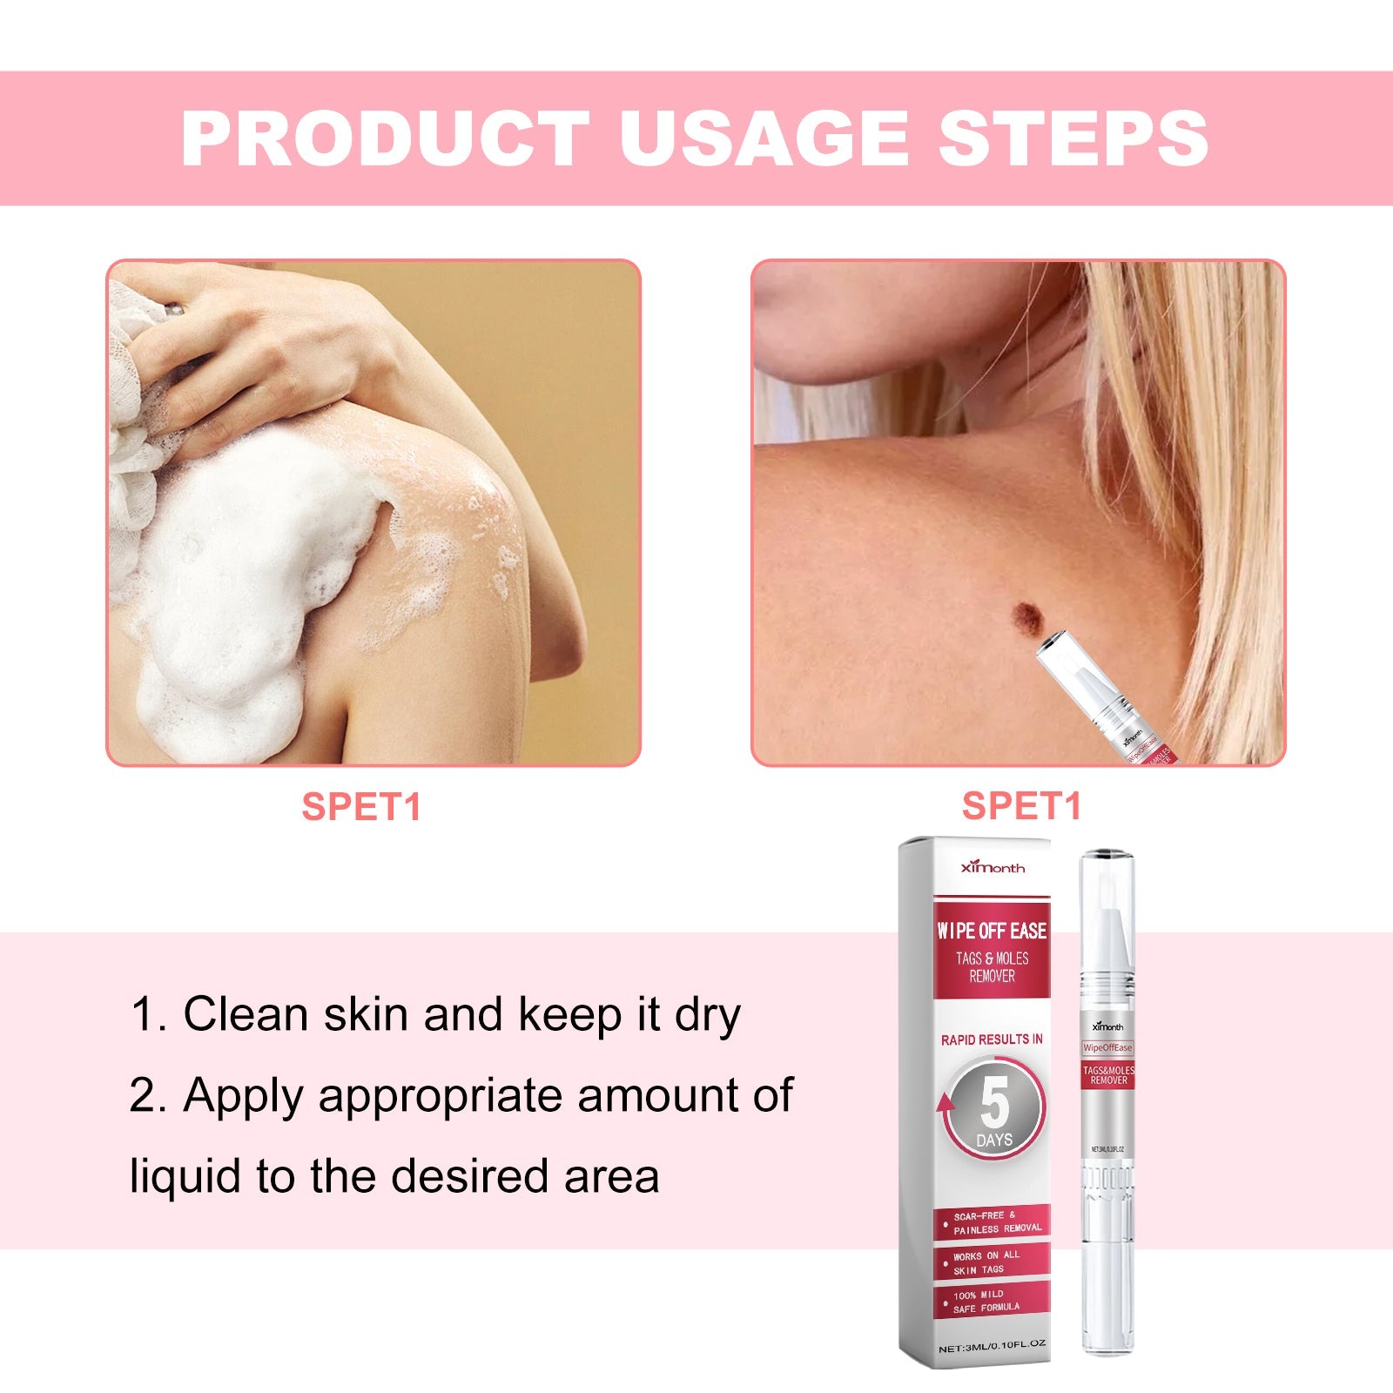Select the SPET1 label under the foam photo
click(361, 807)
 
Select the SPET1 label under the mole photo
click(1021, 806)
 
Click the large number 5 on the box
click(994, 1103)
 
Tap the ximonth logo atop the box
click(993, 867)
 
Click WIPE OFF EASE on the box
click(992, 931)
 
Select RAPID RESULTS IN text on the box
click(992, 1040)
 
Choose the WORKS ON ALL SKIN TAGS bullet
click(986, 1263)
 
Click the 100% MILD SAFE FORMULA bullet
click(986, 1302)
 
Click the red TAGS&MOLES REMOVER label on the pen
click(1108, 1075)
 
